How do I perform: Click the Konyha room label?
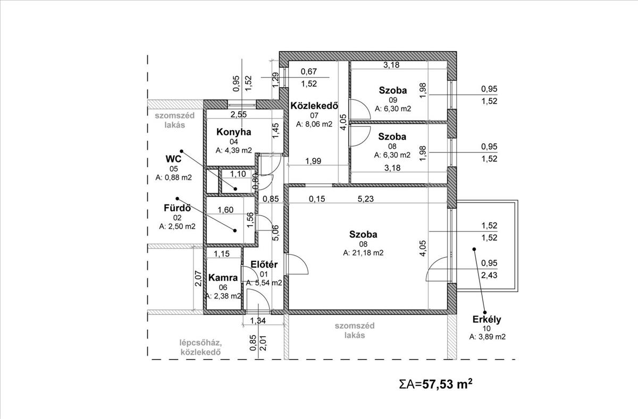233,132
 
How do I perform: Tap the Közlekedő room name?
314,105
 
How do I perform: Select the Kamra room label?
223,277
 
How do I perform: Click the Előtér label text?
261,264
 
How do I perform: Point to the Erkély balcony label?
487,319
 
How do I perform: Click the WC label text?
174,159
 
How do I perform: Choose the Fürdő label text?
177,208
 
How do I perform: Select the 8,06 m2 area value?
314,125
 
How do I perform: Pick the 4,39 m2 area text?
234,150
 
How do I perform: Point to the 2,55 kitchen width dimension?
238,114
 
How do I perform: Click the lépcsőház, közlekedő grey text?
200,347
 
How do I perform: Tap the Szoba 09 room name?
393,90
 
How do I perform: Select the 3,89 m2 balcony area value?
487,337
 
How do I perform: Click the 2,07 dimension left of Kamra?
198,277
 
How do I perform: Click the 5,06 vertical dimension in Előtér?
274,232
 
